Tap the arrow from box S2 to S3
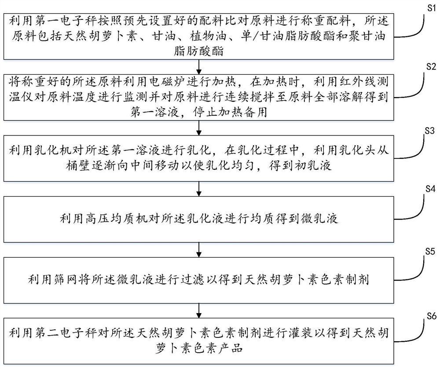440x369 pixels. point(200,128)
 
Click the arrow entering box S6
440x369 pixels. point(200,311)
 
